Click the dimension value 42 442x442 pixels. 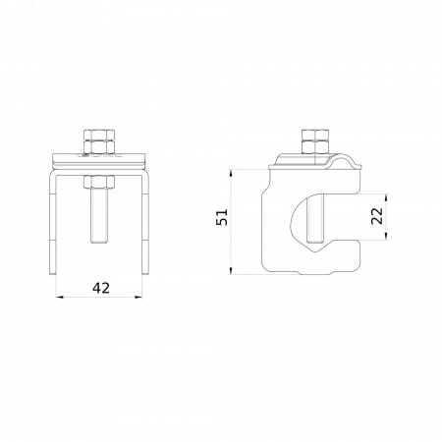pos(101,288)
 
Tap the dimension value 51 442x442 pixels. pos(222,217)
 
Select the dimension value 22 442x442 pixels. pos(377,216)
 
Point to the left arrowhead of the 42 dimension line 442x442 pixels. pos(59,297)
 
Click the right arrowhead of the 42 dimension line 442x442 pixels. pos(139,297)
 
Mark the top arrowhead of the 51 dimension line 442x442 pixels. pos(231,173)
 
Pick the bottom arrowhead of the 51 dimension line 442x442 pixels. pos(231,270)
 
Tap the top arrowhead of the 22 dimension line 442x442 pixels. pos(386,197)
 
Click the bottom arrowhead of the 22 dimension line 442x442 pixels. pos(386,236)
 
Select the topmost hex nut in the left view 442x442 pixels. pos(99,135)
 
